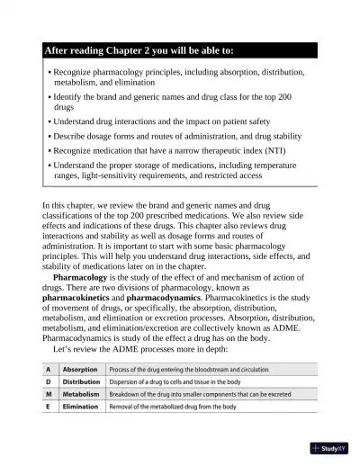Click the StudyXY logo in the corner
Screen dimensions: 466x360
pyautogui.click(x=332, y=448)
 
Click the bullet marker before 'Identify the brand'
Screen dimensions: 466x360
pyautogui.click(x=48, y=95)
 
